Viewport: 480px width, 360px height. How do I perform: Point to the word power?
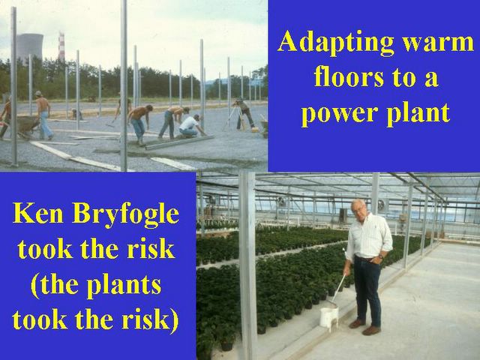[338, 114]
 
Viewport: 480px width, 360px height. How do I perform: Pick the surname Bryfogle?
[126, 215]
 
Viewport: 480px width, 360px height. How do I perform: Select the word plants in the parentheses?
[124, 286]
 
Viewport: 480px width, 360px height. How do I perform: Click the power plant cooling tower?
[30, 47]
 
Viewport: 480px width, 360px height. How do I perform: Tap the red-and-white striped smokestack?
[61, 46]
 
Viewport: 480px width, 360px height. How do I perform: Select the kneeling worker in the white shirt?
[189, 126]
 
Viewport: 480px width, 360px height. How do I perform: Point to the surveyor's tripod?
[236, 118]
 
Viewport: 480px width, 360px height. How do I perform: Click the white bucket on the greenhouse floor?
[329, 316]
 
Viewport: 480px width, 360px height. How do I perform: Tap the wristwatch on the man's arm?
[380, 256]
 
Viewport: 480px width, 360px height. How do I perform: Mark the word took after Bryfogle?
[45, 249]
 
